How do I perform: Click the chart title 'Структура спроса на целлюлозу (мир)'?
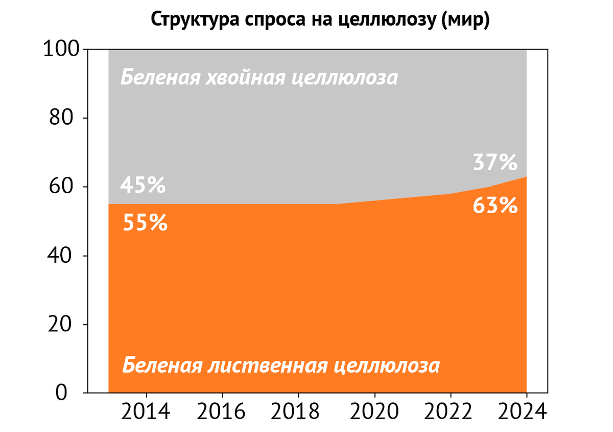point(320,20)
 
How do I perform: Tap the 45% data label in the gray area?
point(143,185)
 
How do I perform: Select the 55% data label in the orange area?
point(146,223)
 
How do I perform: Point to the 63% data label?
point(496,206)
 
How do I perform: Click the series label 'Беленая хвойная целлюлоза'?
point(259,78)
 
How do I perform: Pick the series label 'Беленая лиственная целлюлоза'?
point(281,366)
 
